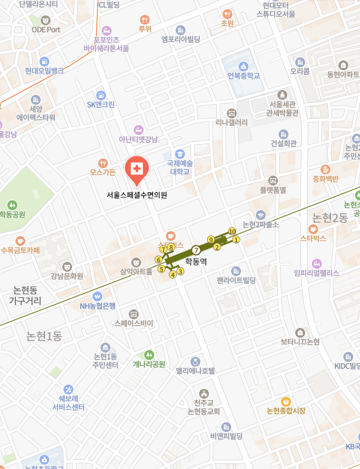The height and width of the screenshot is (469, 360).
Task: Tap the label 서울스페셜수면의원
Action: point(137,195)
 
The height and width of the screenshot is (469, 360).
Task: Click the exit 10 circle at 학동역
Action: point(232,231)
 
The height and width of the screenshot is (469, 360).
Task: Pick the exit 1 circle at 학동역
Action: point(236,239)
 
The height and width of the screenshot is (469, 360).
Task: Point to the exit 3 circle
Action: point(181,271)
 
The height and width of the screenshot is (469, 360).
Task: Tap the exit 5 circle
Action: point(161,269)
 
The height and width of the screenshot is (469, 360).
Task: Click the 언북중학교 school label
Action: point(243,76)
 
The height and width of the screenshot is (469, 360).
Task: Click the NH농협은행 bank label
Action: point(97,306)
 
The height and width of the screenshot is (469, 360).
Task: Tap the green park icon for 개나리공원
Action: point(149,354)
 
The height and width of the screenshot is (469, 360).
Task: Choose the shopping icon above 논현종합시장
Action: point(285,401)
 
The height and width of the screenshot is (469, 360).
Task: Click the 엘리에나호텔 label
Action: point(195,371)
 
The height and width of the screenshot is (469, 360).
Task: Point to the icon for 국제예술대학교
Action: point(180,153)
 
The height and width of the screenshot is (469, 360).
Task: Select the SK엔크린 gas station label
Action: point(100,104)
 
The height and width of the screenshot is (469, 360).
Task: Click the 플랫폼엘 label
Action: point(273,190)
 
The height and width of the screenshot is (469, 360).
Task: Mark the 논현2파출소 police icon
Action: point(260,215)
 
